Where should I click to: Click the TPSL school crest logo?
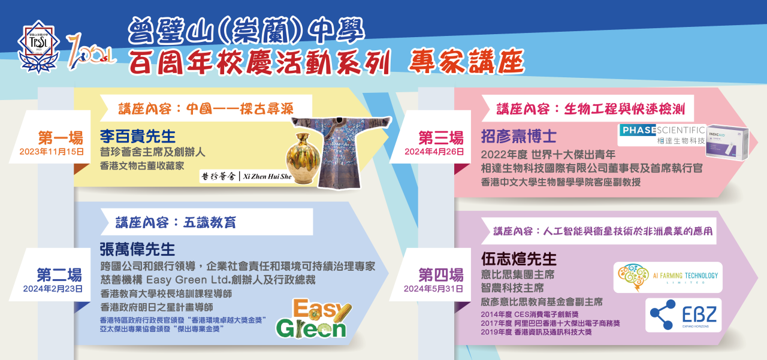(39, 47)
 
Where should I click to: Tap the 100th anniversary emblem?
(90, 52)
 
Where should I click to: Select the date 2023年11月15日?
(52, 152)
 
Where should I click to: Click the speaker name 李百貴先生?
(138, 136)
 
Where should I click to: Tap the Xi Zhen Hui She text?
(267, 177)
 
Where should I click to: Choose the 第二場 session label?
(59, 275)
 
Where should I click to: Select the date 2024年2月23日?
(53, 289)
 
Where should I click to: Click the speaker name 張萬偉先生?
(137, 249)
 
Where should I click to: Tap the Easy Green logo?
(313, 318)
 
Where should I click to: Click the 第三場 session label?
(441, 138)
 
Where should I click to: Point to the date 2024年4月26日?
(434, 152)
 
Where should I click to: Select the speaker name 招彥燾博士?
(519, 136)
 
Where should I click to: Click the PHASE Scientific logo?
(662, 135)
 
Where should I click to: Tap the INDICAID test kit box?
(727, 142)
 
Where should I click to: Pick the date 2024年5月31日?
(433, 289)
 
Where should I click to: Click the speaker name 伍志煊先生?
(519, 259)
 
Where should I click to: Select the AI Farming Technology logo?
(668, 277)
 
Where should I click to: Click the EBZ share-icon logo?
(684, 315)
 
